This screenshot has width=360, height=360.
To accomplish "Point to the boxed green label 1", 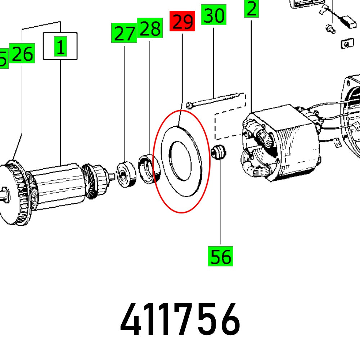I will click(60, 46).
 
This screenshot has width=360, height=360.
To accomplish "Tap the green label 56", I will click(220, 256).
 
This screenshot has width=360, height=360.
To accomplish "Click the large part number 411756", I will click(180, 319).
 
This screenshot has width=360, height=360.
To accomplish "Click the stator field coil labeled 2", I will click(281, 144).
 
